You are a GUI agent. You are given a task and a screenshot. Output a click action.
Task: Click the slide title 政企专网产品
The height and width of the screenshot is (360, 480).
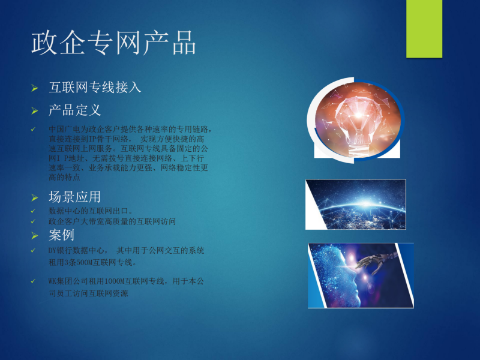113,43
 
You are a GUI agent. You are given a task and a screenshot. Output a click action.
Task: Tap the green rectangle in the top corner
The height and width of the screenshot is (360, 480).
424,29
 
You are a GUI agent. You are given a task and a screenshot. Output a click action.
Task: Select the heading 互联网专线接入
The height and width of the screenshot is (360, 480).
95,87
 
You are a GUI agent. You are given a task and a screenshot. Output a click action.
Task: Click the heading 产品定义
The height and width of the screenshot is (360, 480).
74,110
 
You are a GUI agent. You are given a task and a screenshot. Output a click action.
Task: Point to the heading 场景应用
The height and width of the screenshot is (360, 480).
74,197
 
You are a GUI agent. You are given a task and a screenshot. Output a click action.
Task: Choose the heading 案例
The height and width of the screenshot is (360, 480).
61,235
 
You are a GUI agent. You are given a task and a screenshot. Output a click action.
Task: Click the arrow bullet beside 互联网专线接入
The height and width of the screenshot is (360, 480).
35,88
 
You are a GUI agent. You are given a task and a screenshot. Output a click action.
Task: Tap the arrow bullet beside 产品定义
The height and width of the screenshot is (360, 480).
35,111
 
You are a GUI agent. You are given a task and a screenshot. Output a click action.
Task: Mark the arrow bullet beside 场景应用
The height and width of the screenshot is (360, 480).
35,198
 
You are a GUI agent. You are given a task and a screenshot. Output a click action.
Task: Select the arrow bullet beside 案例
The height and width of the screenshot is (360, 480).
35,236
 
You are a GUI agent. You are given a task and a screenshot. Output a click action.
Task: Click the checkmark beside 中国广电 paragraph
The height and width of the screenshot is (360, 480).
33,130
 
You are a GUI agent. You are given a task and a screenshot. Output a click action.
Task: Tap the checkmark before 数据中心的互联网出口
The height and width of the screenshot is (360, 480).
33,211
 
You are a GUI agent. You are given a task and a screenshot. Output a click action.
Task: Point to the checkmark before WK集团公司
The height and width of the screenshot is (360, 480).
33,281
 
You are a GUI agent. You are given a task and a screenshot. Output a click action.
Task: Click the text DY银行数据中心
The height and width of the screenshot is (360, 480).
76,250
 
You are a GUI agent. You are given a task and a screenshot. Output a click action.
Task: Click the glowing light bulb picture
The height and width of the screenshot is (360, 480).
357,120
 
